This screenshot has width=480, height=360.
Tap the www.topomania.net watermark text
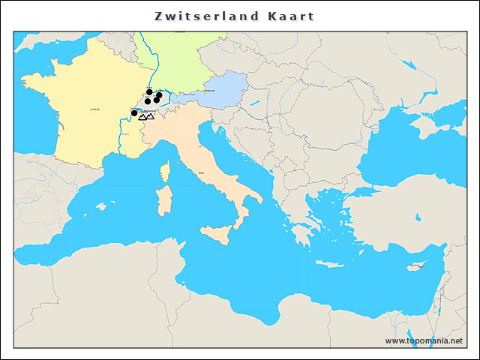[424, 340]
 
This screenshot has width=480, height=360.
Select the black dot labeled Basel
[149, 92]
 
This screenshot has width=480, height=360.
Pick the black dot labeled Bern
[148, 101]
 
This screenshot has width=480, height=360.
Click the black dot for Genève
[134, 113]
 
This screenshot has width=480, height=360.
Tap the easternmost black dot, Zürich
[159, 95]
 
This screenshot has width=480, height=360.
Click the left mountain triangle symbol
[142, 117]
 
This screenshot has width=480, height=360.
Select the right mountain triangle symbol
[150, 116]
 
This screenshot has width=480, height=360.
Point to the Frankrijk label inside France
[95, 109]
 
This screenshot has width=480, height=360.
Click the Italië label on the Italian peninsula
[201, 173]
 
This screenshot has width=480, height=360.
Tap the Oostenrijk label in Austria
[220, 91]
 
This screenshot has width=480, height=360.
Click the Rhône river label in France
[125, 135]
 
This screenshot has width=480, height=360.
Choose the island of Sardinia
[162, 200]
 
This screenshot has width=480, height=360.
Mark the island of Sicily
[217, 233]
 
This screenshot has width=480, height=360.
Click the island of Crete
[331, 264]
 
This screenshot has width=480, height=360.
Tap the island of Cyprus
[417, 267]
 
